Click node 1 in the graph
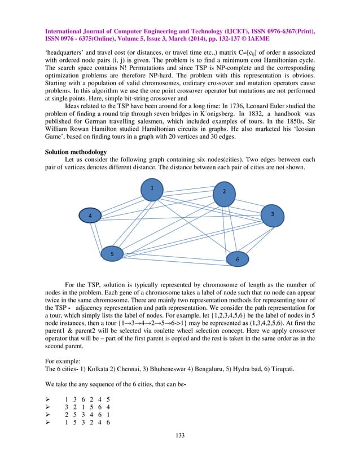click(152, 190)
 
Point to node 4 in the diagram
click(89, 216)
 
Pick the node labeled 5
click(112, 254)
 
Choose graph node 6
click(238, 259)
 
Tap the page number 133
click(180, 435)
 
